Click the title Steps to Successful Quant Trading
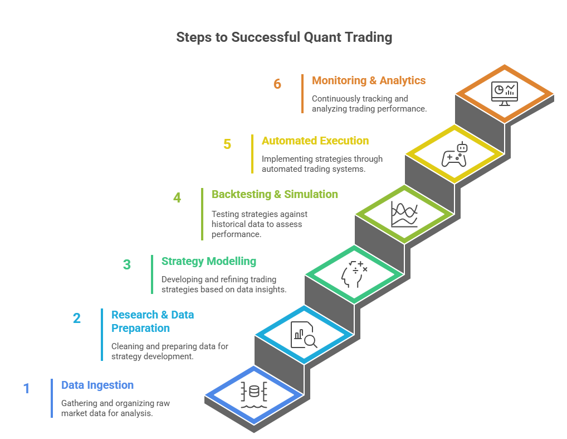(x=284, y=37)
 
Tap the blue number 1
(x=26, y=388)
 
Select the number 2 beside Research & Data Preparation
(x=77, y=318)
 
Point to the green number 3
(x=127, y=264)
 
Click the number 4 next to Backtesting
(x=177, y=197)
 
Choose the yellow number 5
(x=227, y=144)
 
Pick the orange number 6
(x=277, y=84)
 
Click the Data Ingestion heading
(x=97, y=385)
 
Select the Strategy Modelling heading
(x=209, y=261)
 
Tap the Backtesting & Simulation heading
(x=275, y=194)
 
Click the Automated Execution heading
(x=315, y=141)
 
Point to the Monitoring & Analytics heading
(x=369, y=80)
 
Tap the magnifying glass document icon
(x=304, y=335)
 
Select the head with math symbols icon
(x=354, y=273)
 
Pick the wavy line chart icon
(x=404, y=214)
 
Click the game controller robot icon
(x=454, y=155)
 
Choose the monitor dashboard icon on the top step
(x=505, y=93)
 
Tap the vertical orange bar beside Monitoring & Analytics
(x=302, y=94)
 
